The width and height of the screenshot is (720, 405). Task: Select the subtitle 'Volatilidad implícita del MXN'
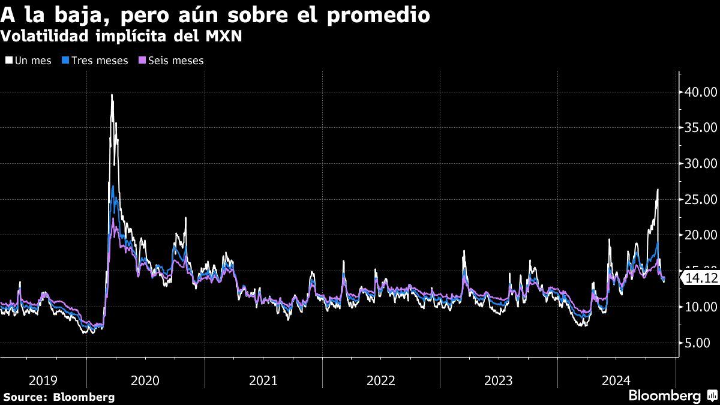click(122, 37)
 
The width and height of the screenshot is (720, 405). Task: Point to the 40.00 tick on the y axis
click(700, 92)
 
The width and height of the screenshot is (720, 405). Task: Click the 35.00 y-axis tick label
click(700, 128)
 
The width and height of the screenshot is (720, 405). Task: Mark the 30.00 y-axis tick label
click(700, 163)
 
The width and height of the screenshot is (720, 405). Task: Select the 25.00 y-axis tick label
click(700, 199)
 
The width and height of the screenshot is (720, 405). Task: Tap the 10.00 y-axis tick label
click(700, 307)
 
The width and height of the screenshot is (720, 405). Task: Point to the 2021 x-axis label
click(263, 380)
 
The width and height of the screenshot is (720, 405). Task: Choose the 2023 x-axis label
click(498, 380)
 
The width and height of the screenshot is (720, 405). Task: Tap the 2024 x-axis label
click(616, 380)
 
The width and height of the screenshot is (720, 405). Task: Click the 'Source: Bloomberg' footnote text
click(59, 397)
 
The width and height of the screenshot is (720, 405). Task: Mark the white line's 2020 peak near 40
click(112, 95)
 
